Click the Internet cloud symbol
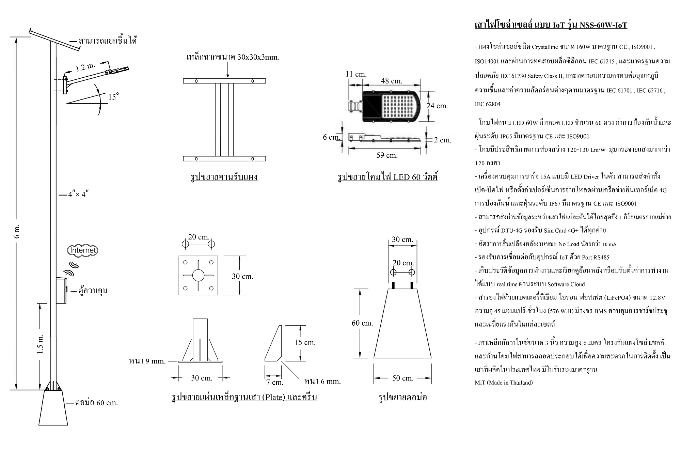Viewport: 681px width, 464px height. tap(83, 250)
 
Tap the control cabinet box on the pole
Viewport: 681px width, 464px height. tap(61, 290)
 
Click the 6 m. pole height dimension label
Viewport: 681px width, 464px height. tap(18, 231)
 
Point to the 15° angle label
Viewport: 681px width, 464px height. tap(114, 97)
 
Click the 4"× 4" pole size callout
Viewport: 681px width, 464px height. tap(78, 195)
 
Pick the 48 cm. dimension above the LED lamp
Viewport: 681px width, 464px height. tap(391, 81)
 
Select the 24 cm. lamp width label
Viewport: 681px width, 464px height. tap(437, 106)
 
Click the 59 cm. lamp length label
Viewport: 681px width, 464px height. tap(387, 155)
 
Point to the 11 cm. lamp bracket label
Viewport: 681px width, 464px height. tap(356, 74)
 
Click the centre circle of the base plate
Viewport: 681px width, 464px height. tap(198, 275)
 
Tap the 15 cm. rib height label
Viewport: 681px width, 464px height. tap(305, 342)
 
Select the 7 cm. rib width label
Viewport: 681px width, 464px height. tap(274, 382)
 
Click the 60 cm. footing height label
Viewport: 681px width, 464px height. tap(362, 323)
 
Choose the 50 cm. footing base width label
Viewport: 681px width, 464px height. tap(402, 378)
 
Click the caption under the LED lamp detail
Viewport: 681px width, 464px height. tap(387, 177)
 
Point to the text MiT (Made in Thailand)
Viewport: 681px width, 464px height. tap(504, 383)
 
